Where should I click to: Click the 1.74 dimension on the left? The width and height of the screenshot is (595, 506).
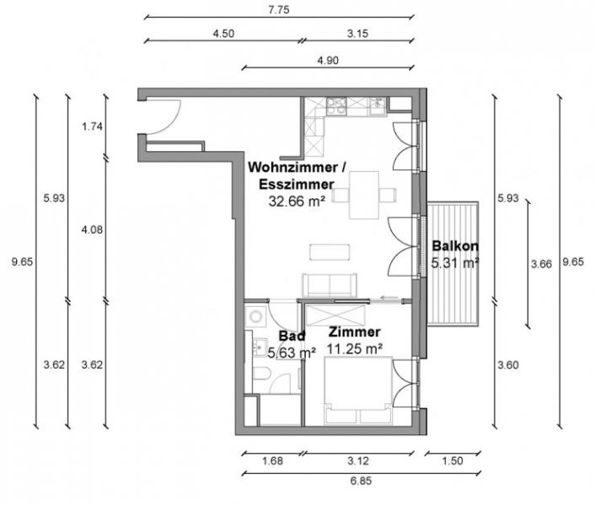click(x=92, y=126)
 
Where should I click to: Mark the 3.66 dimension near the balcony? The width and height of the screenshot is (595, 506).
click(x=542, y=264)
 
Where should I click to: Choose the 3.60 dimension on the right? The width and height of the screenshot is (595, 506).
click(x=507, y=365)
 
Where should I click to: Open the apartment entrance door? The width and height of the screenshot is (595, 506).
click(x=162, y=116)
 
